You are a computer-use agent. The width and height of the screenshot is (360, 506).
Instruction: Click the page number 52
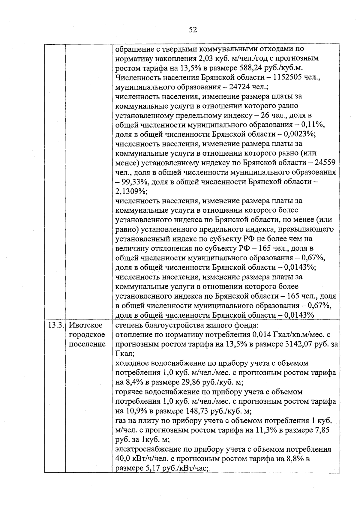click(x=193, y=29)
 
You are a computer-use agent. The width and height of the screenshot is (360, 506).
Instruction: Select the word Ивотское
click(x=85, y=325)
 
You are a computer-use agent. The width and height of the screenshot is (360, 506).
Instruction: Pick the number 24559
click(x=325, y=163)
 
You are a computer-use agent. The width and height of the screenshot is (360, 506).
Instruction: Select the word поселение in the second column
click(x=87, y=344)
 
